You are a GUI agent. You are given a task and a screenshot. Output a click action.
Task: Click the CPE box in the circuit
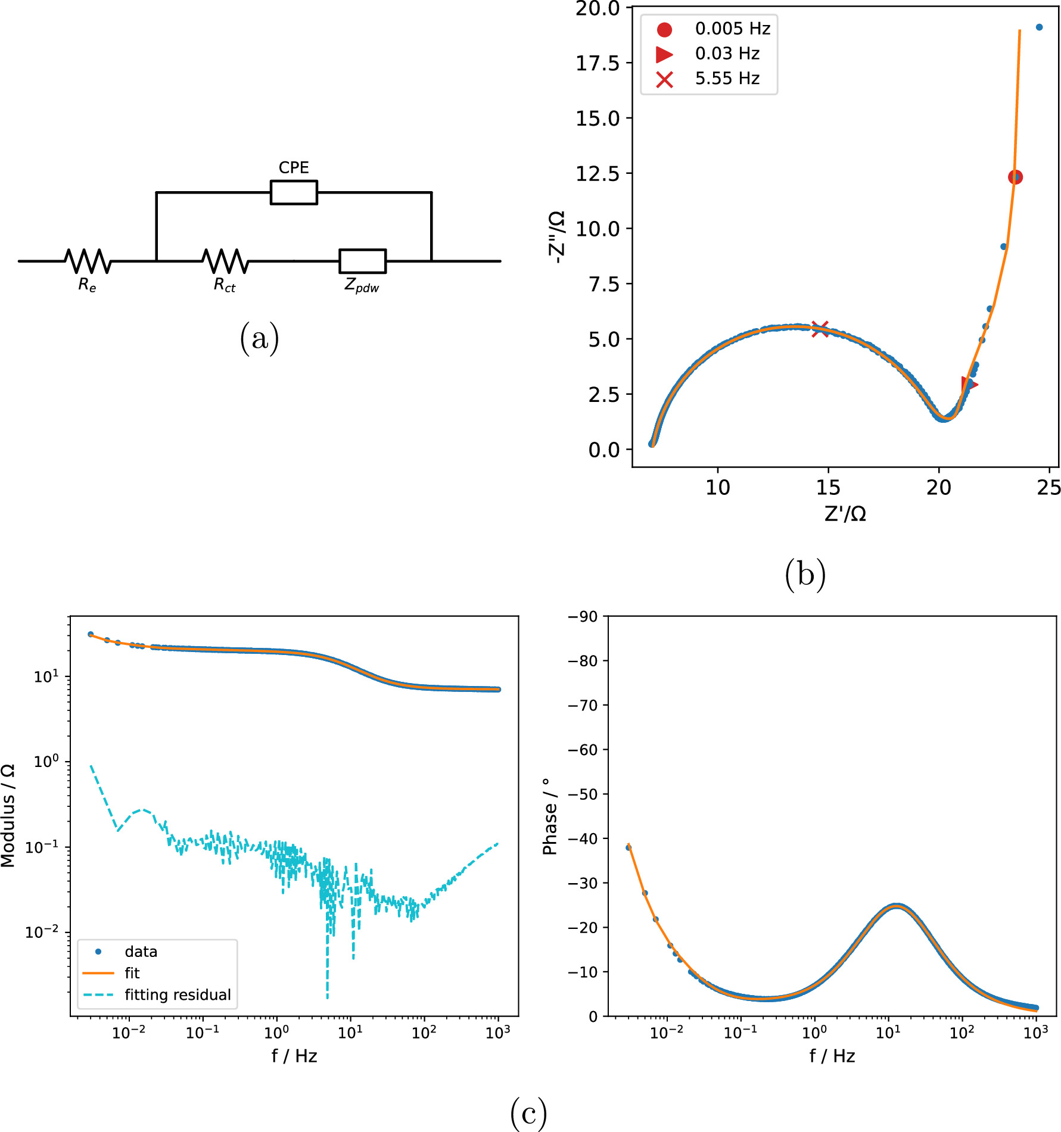point(293,192)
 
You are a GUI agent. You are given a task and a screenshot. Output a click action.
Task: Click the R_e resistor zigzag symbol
point(88,261)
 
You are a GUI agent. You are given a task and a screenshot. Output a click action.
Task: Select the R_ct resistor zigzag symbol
point(225,261)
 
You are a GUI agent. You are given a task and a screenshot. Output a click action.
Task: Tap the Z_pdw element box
point(362,261)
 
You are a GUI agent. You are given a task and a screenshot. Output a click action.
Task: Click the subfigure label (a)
point(259,338)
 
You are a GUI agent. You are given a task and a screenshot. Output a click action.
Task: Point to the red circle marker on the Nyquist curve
point(1015,177)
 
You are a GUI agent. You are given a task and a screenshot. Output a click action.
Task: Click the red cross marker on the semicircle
point(820,329)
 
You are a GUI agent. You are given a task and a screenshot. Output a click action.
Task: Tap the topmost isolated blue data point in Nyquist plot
point(1039,27)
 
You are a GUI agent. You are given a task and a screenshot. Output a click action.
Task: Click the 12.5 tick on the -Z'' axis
point(598,174)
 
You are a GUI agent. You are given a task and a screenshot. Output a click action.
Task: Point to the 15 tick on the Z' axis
point(828,488)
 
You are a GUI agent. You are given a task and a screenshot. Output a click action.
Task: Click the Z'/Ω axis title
point(845,514)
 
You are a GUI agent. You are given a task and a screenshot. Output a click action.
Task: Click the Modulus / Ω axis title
point(8,816)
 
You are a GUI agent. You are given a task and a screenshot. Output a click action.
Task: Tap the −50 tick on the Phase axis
point(582,794)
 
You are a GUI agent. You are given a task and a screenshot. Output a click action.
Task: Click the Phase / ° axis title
point(549,816)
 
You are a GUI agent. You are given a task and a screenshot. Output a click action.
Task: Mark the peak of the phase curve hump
point(897,906)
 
